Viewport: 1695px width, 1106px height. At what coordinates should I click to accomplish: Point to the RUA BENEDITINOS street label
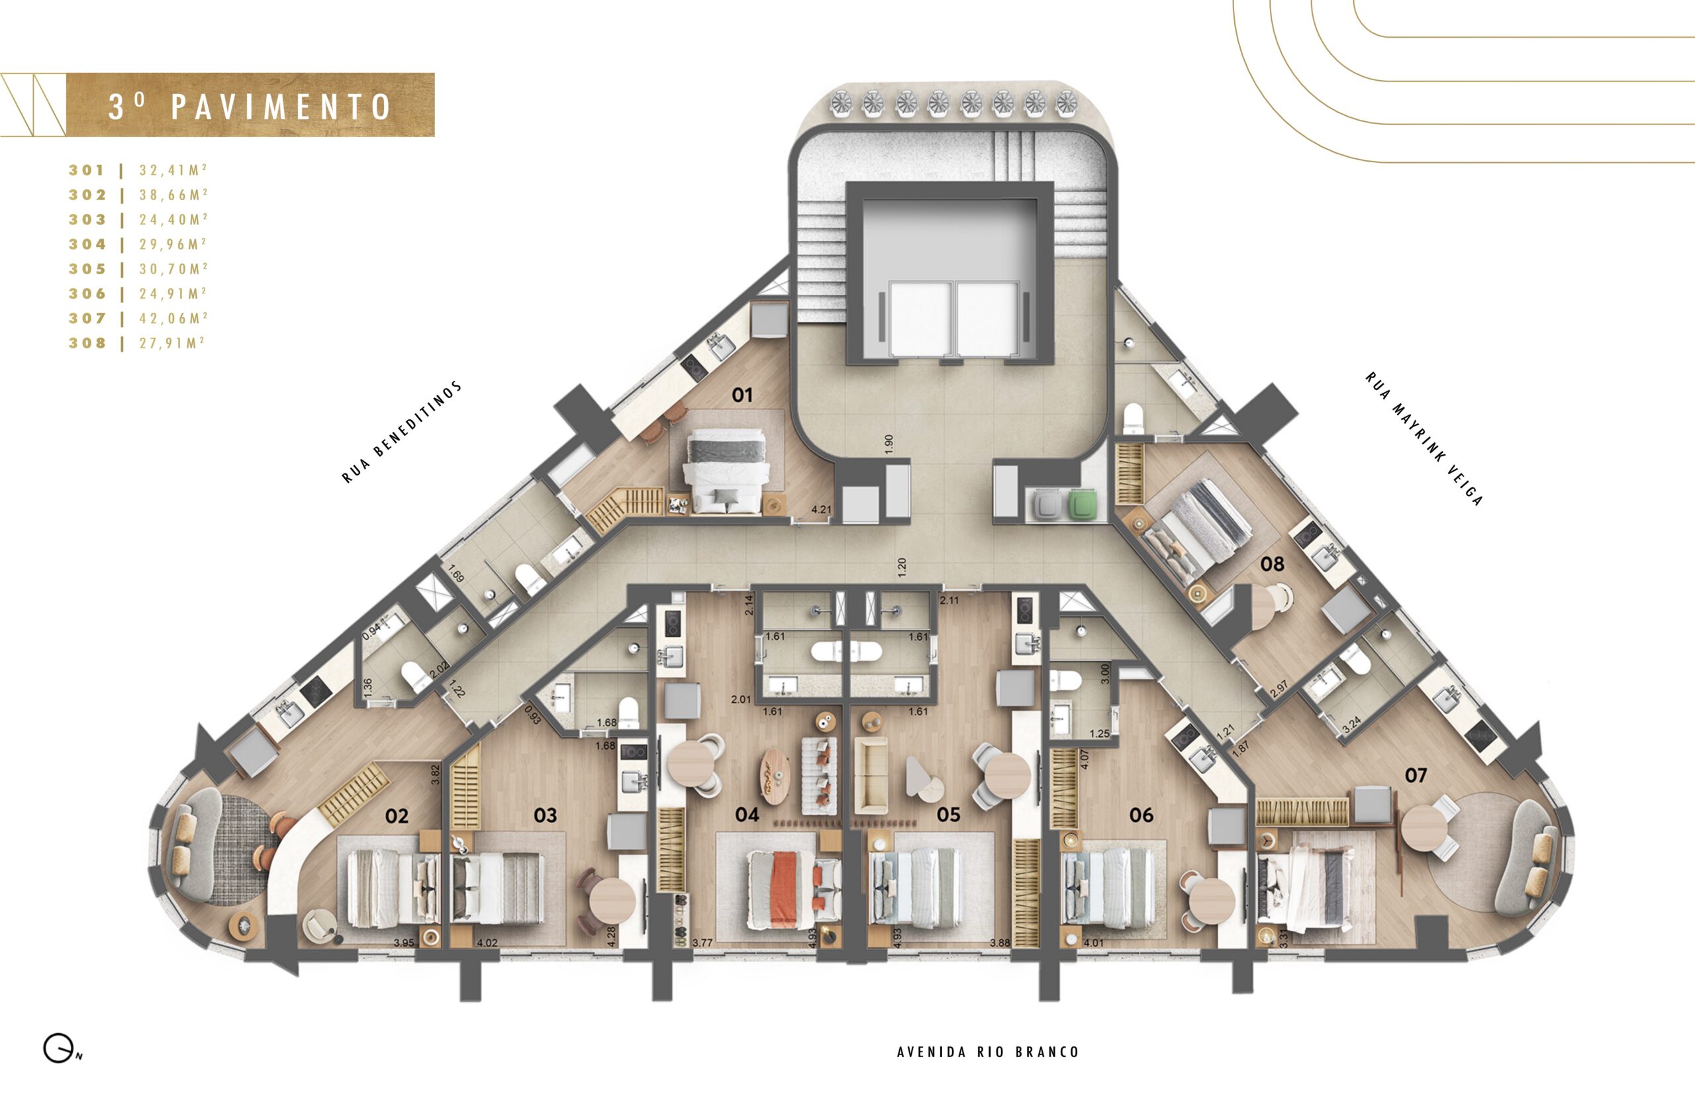[402, 433]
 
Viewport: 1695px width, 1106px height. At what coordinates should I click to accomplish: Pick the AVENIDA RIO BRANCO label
[988, 1052]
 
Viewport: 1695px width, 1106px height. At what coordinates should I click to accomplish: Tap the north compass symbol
[60, 1049]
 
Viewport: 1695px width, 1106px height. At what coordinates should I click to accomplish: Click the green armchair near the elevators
[1083, 505]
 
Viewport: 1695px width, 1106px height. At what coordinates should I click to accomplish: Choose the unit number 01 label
[742, 395]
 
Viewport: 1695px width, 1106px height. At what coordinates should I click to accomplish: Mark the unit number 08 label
[1272, 564]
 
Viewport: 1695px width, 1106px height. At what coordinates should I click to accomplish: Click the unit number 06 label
[1141, 815]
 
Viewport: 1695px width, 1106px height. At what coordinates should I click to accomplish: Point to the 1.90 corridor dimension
[888, 444]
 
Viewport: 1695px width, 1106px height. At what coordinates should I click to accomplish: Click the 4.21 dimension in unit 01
[821, 509]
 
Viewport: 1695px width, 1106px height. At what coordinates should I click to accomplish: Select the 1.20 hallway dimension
[902, 567]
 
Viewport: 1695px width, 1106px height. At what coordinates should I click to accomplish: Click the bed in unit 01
[726, 471]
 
